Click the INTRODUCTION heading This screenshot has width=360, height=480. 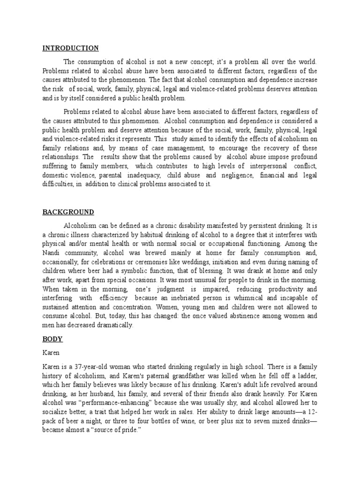pos(71,48)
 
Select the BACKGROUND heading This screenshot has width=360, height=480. pos(68,212)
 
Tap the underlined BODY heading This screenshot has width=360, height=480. pos(52,338)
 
